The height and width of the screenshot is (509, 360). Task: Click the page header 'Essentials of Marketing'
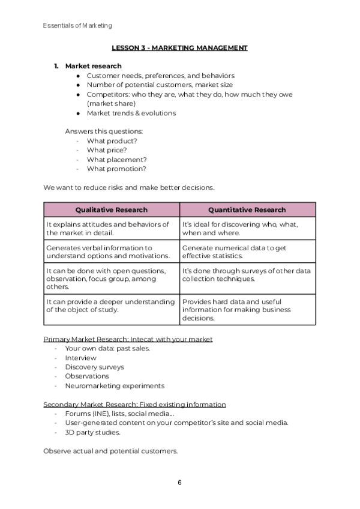(77, 26)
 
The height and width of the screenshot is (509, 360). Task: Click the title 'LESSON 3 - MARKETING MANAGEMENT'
(179, 47)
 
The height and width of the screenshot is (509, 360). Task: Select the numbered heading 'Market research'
(93, 66)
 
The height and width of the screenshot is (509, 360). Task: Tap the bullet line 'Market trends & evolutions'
(131, 113)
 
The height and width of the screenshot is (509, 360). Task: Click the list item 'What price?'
(107, 150)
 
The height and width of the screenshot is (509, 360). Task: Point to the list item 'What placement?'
(116, 160)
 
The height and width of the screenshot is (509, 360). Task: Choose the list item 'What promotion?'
(116, 169)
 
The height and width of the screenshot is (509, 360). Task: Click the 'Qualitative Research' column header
(112, 209)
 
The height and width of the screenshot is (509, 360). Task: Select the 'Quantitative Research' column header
(247, 209)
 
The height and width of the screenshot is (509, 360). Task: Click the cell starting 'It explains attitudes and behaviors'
(112, 228)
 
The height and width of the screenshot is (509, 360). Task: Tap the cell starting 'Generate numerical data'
(247, 251)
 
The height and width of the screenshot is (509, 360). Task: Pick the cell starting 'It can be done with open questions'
(112, 279)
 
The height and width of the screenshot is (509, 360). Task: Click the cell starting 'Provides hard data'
(247, 310)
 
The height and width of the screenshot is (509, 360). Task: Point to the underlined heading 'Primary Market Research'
(128, 339)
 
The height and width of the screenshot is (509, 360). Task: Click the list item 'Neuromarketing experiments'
(115, 386)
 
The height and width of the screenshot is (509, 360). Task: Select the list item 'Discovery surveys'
(95, 367)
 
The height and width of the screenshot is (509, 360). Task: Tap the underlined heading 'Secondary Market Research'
(134, 405)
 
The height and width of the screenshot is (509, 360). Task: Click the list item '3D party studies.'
(93, 432)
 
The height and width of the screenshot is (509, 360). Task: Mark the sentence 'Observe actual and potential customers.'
(110, 451)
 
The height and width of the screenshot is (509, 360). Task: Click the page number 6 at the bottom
(179, 483)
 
